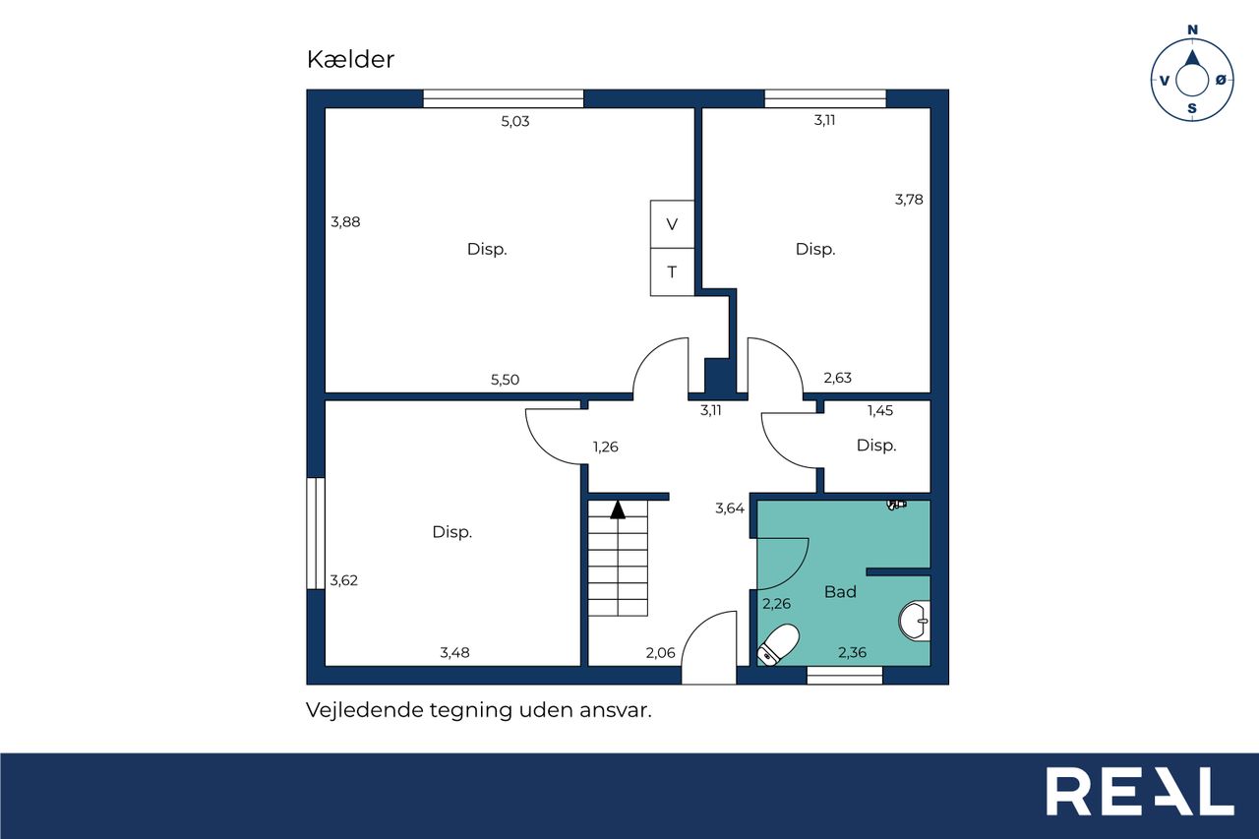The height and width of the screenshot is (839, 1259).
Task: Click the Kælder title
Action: (350, 59)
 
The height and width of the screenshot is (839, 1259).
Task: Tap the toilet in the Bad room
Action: (778, 644)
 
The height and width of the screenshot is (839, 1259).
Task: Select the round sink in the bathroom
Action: (915, 621)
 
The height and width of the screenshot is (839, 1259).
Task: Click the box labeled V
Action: (672, 224)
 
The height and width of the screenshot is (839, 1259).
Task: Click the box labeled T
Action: (672, 272)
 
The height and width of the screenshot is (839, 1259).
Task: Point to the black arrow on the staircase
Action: (619, 509)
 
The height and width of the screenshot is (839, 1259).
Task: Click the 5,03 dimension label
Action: (514, 121)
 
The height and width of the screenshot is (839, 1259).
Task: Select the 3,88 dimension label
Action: (345, 222)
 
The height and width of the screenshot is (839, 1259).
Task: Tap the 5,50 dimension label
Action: (505, 380)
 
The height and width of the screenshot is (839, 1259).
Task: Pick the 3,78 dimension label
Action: (909, 200)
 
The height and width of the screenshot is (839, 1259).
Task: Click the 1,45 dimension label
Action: (880, 411)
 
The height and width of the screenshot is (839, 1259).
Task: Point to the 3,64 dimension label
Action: (730, 509)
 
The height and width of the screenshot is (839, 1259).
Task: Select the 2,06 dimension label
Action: (660, 653)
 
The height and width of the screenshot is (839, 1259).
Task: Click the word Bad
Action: (840, 592)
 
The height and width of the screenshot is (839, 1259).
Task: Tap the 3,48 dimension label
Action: (454, 652)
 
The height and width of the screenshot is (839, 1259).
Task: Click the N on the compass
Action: (1192, 30)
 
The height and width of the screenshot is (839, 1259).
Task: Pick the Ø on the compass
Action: (1221, 81)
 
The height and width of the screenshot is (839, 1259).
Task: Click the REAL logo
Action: (1140, 791)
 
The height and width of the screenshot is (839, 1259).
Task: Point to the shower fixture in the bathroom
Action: (896, 504)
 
